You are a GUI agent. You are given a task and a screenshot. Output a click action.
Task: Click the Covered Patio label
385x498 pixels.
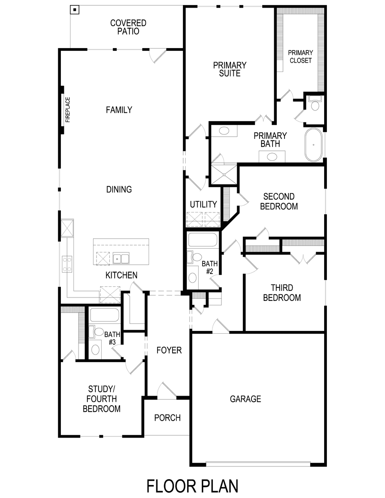128,27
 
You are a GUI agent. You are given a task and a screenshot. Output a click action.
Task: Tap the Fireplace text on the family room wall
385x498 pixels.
68,110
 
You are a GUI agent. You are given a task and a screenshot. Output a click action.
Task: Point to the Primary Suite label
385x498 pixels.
230,69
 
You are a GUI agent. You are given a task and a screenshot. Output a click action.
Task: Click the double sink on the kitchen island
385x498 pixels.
121,258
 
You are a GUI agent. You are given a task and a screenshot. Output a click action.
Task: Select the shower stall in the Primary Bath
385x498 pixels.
224,174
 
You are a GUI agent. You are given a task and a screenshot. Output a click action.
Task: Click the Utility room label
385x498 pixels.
203,204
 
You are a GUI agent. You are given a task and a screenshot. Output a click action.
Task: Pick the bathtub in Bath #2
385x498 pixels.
203,240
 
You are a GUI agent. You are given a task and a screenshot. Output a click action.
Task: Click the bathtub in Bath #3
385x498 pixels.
104,315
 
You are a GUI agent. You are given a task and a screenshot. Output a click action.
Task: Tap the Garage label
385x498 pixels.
245,399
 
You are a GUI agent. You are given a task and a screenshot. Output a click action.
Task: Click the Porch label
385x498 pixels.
167,418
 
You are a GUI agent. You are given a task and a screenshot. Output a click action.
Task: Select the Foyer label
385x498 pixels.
169,350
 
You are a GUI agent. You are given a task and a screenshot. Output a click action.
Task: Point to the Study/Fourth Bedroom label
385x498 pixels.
102,399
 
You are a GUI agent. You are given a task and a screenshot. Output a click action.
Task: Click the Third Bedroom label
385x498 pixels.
282,292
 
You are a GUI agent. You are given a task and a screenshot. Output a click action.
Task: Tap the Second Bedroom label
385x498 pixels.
279,201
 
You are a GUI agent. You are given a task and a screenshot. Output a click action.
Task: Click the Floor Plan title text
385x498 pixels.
192,486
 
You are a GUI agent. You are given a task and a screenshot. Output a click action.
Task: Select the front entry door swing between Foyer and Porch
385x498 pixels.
166,389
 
